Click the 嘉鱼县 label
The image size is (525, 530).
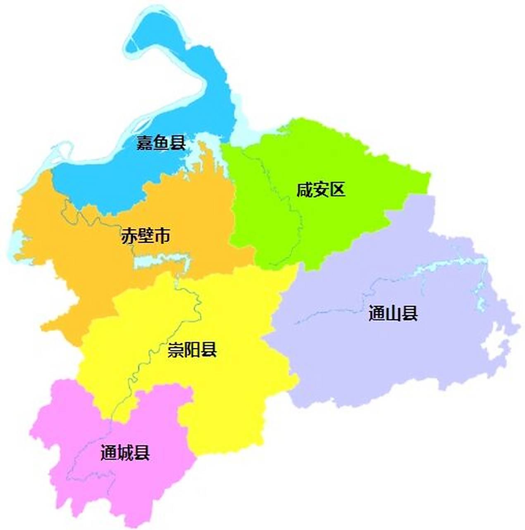pos(161,143)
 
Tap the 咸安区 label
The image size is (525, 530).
pos(320,190)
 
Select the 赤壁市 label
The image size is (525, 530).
pos(146,236)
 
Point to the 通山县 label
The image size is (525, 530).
pos(393,313)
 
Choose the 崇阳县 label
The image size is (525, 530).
pos(192,350)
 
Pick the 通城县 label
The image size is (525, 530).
pos(125,453)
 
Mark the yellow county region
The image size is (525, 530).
pos(231,397)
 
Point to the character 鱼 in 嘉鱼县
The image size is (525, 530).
pos(161,143)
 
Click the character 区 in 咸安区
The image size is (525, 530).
pos(337,190)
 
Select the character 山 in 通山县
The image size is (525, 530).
pos(393,313)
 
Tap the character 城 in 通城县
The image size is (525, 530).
pos(125,453)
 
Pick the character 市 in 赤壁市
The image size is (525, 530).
pos(162,236)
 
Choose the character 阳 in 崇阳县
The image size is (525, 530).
pos(192,350)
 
